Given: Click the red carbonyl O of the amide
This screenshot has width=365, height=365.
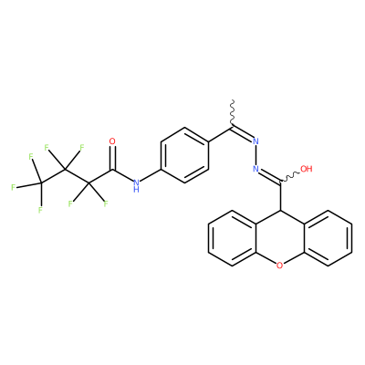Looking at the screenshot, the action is tap(112, 141).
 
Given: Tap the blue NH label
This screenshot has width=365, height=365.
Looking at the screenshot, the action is tap(136, 185).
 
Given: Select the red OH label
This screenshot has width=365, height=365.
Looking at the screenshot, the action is tap(307, 169).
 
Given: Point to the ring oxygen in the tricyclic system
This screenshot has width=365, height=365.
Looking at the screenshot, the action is tap(280, 266).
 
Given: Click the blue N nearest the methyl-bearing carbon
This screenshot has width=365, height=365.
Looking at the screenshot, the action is tap(255, 141).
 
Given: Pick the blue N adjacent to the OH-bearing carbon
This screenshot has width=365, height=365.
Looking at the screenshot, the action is tap(255, 169).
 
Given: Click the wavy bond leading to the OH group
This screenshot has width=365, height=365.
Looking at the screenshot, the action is tap(290, 177).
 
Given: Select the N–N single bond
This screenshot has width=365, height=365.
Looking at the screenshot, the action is tap(255, 155).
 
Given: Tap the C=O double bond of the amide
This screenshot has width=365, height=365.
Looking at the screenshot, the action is tap(112, 158).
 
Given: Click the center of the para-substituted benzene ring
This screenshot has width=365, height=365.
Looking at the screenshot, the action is tap(184, 155).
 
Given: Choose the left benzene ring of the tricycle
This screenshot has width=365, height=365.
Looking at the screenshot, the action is tap(232, 238).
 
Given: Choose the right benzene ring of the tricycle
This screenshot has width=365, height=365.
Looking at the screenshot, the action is tap(328, 238).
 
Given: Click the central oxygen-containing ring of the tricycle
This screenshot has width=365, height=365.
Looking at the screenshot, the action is tap(280, 238).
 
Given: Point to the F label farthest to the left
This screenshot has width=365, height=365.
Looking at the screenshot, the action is tap(13, 187).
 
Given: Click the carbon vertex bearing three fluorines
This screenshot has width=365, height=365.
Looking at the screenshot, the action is tap(41, 183).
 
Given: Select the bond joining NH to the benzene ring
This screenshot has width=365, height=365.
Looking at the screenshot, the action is tap(151, 176).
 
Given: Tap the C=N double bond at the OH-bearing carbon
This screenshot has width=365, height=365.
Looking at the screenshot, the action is tap(269, 177).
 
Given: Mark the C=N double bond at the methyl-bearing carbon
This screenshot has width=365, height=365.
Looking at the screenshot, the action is tap(243, 133).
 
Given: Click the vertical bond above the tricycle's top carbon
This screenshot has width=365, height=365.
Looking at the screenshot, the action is tap(280, 197).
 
